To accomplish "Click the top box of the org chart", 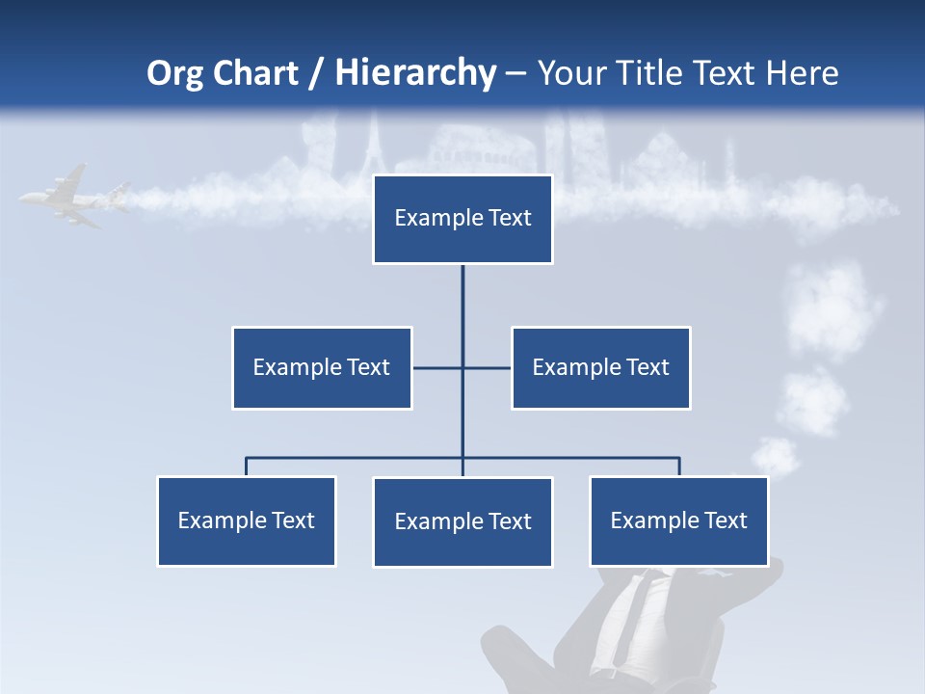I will (x=462, y=219).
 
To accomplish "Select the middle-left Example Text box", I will (x=322, y=367).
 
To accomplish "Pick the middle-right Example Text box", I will (x=600, y=367).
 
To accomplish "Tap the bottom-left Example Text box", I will (x=247, y=520).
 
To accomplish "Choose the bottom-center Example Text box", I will (x=462, y=521).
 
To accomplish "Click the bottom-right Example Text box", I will (x=678, y=520).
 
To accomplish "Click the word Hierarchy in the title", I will (x=415, y=73).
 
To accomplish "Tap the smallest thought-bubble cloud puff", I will (x=775, y=456).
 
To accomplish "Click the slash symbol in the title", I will (x=316, y=73).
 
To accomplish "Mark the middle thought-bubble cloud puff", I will (x=811, y=398).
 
